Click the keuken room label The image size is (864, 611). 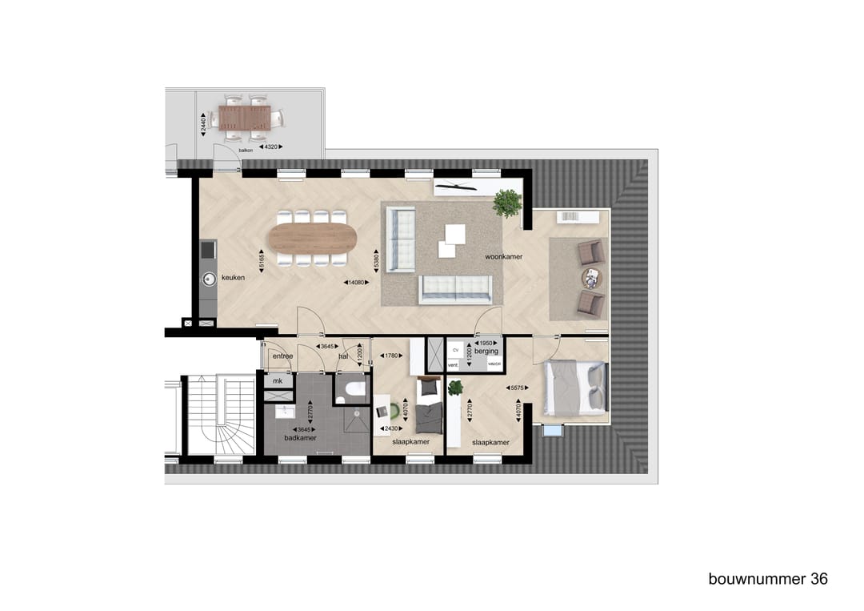(234, 278)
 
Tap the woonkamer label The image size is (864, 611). (503, 256)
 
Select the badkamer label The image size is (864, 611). (301, 439)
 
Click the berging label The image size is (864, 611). (486, 351)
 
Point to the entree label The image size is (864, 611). (282, 356)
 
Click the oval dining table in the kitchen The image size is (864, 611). (313, 238)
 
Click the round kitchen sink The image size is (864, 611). (209, 279)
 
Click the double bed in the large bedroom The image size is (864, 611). (576, 388)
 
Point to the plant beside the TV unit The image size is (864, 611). (507, 203)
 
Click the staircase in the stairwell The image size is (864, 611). (217, 416)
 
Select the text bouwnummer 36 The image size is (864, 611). (768, 578)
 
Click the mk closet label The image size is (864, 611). (278, 381)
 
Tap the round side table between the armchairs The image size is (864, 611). (591, 278)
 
